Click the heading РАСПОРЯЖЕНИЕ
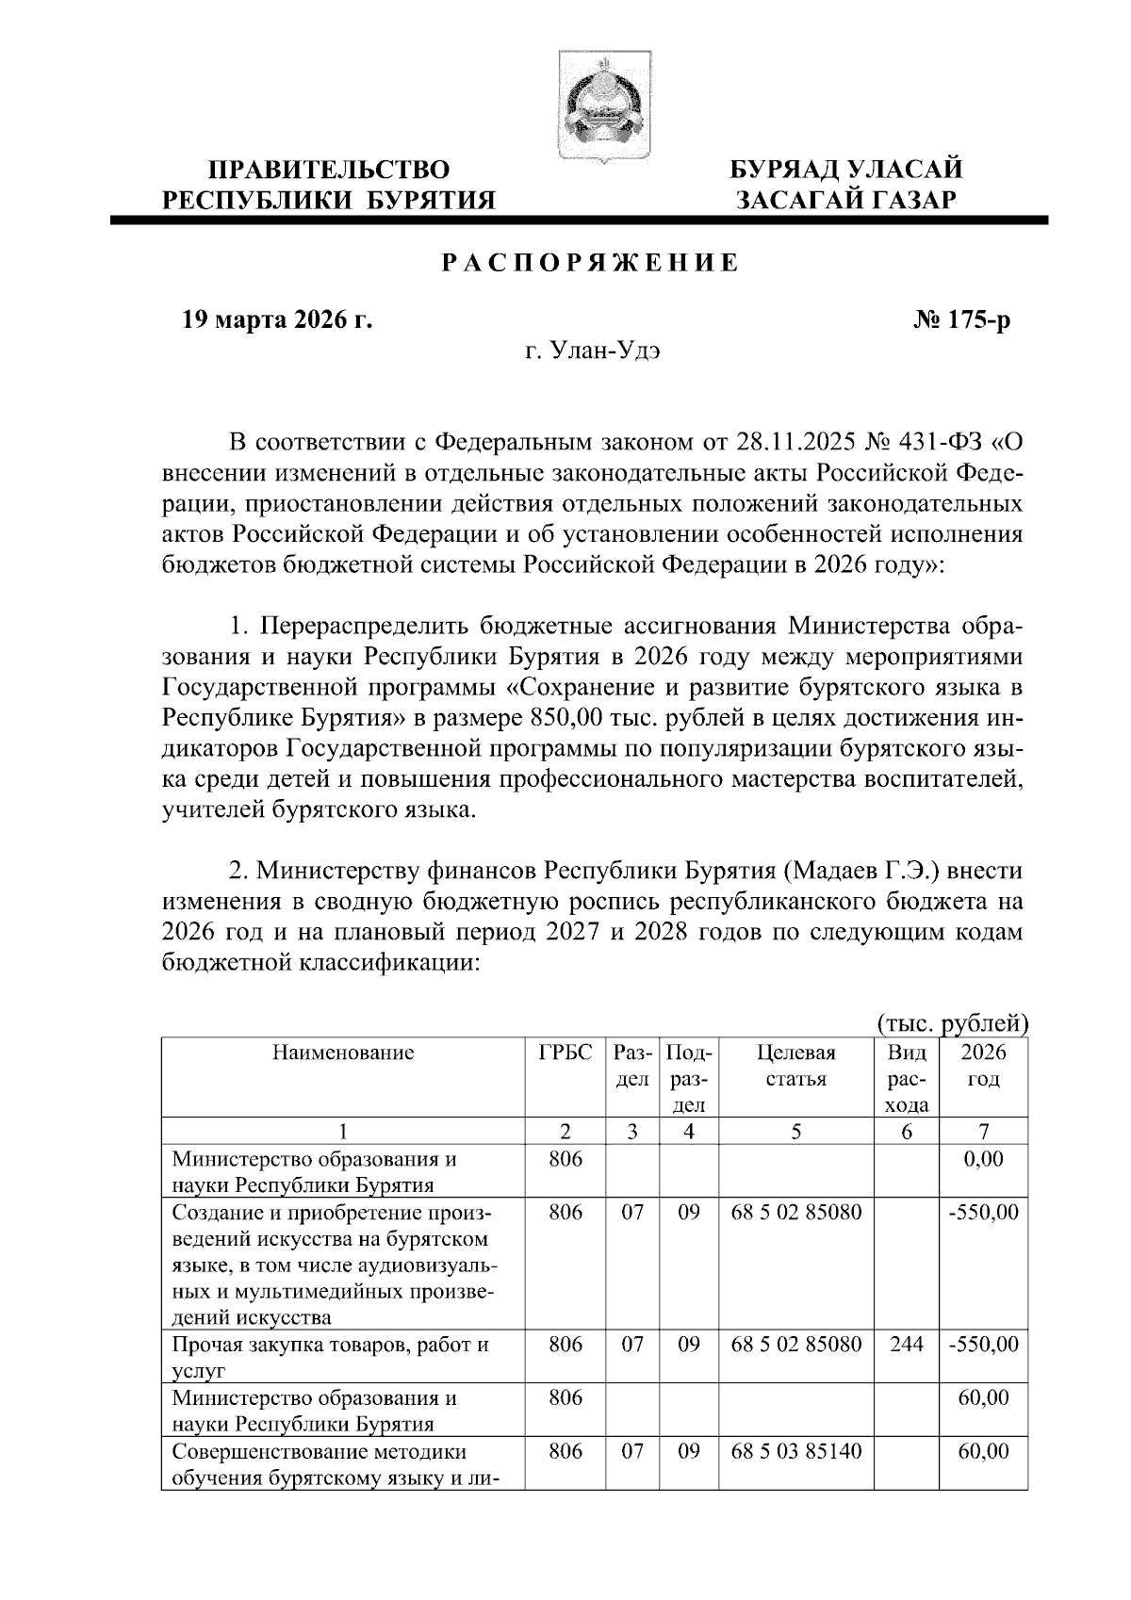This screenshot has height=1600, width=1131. (x=591, y=264)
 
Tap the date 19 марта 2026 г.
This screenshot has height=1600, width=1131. (x=277, y=320)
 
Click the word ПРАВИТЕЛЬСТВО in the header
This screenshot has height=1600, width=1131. (x=329, y=171)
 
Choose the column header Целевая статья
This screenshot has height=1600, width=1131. (x=795, y=1066)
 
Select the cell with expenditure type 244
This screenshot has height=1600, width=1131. (x=906, y=1345)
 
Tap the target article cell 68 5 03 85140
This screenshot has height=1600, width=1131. (x=795, y=1452)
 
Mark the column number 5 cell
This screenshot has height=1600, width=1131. (x=795, y=1131)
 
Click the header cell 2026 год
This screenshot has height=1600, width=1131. (x=983, y=1066)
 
